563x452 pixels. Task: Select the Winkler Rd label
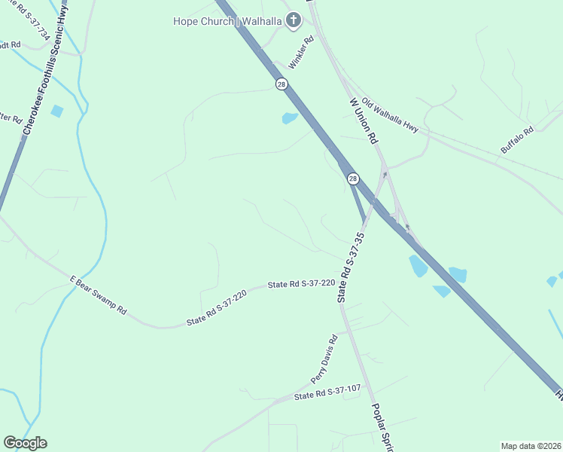(301, 53)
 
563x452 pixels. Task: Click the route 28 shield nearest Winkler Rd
(281, 84)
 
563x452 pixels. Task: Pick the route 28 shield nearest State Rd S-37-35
(353, 179)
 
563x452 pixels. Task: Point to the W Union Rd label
(363, 121)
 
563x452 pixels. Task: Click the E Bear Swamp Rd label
(98, 295)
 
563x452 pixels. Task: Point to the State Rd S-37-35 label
(351, 267)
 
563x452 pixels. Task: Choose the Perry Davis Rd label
(324, 359)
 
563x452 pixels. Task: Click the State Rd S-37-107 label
(327, 392)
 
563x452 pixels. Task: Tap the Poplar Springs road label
(383, 426)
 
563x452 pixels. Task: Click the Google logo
(25, 443)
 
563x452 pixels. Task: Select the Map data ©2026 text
(531, 446)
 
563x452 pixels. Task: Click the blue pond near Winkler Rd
(290, 118)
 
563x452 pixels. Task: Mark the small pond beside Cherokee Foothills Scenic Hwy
(57, 111)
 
